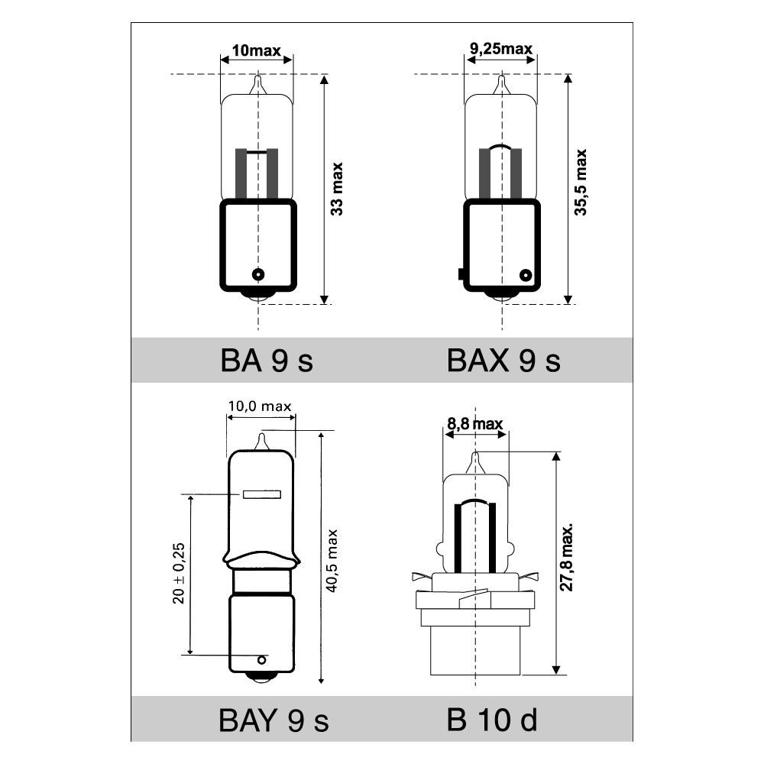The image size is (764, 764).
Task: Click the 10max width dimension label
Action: tap(256, 50)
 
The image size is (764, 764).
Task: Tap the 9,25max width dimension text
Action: tap(501, 49)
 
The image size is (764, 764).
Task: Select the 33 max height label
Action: tap(337, 189)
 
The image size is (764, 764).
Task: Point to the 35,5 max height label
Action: tap(581, 183)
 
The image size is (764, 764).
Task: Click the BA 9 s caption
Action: tap(267, 361)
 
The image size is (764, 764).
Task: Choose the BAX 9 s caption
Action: tap(503, 361)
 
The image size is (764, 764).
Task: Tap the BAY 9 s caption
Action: tap(274, 720)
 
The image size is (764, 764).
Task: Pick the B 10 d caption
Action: tap(491, 720)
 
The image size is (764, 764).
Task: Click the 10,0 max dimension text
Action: tap(260, 406)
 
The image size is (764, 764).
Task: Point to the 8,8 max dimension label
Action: tap(474, 424)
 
